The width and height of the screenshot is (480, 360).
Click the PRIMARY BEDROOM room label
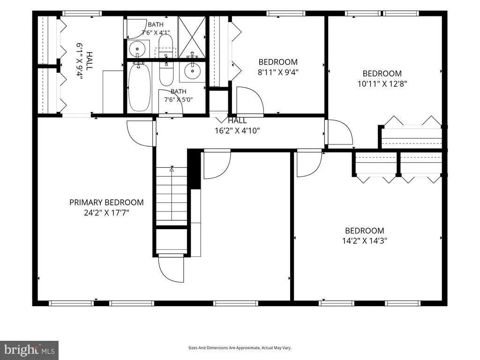coord(106,202)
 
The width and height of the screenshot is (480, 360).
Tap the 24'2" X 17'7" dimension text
coord(106,212)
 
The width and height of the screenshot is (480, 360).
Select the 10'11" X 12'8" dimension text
coord(382,83)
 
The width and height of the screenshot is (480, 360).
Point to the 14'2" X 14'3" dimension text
coord(364,240)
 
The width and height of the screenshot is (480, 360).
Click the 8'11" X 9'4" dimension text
coord(278,72)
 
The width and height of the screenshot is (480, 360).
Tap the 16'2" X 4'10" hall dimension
coord(237,131)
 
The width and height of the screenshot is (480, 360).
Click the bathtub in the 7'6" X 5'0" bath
coord(140,87)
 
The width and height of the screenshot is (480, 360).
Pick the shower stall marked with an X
coord(192,37)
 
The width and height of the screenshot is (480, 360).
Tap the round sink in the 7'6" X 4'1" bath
coord(137,49)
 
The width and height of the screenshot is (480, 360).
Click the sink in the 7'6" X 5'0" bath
coord(192,71)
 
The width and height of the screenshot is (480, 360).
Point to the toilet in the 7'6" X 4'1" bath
coord(165,45)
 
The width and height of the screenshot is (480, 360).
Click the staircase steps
coord(172,194)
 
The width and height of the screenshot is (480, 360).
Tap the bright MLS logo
coord(30,349)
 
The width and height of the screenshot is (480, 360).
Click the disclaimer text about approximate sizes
coord(240,348)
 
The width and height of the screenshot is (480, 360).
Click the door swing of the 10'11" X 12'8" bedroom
coord(339,132)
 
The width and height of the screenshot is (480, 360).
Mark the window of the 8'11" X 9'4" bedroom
coord(285,14)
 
